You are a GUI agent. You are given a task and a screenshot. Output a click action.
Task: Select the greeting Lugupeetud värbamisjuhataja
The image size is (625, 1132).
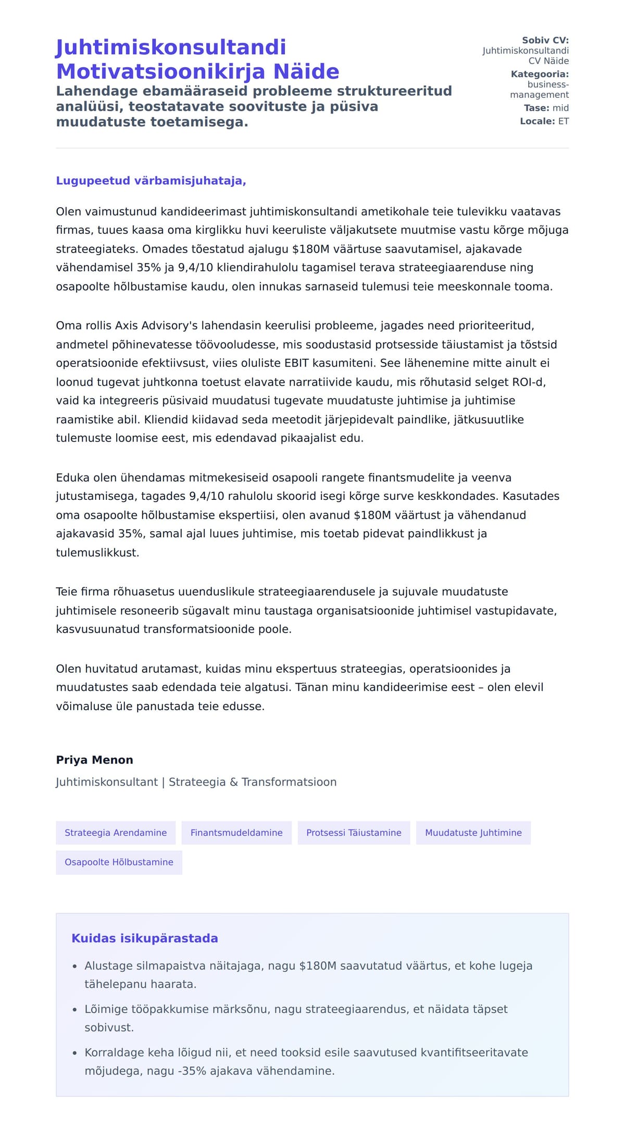point(151,181)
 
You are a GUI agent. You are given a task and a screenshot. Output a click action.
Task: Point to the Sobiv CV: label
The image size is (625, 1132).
point(545,40)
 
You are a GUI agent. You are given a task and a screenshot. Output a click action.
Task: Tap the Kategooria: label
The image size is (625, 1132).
point(540,74)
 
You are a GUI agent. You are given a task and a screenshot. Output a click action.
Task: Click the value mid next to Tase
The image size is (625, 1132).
point(560,108)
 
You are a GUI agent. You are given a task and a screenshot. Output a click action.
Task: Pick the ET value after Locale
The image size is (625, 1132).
point(564,121)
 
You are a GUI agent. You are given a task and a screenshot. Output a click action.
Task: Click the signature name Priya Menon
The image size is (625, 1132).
point(94,760)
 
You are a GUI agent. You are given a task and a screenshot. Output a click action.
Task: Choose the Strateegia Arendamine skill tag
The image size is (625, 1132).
point(116,833)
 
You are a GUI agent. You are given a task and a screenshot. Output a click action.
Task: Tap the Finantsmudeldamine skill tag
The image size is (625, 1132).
point(236,833)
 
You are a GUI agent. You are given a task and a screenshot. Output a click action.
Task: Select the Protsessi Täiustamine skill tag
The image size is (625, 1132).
point(354,833)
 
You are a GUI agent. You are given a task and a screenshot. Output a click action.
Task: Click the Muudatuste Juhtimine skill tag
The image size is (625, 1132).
point(473,833)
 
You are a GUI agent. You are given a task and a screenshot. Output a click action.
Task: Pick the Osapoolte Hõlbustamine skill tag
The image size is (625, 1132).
point(119,862)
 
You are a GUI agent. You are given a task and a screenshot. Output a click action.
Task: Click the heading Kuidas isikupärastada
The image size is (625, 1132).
point(145,938)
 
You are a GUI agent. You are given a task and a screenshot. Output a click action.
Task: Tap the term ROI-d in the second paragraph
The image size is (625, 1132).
point(529,382)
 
